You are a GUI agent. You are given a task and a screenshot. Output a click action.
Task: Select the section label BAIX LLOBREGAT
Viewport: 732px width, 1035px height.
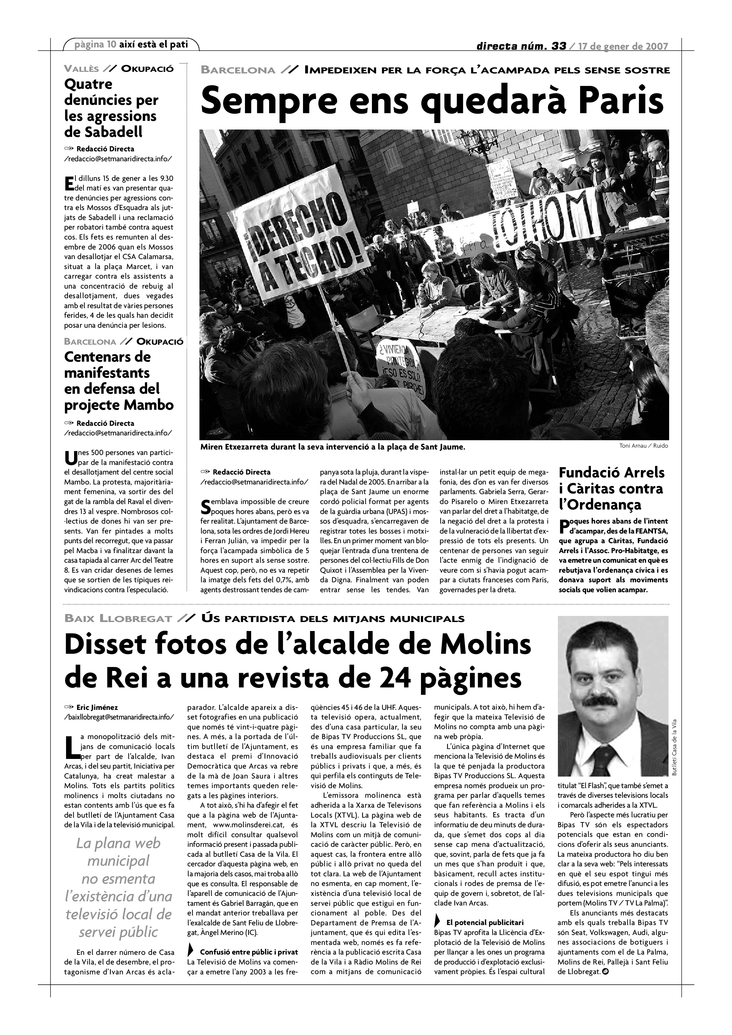(118, 619)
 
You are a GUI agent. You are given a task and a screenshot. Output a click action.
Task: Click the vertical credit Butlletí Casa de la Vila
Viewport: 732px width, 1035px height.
(674, 747)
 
